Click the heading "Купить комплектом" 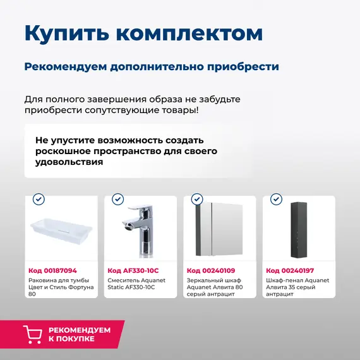tap(143, 33)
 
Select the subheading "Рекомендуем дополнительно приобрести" tap(152, 67)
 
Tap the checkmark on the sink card tap(39, 200)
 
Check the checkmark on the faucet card tap(118, 200)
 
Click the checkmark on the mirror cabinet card tap(197, 200)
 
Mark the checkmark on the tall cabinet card tap(276, 200)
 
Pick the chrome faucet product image tap(140, 231)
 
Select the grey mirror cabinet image tap(219, 231)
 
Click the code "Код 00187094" tap(52, 270)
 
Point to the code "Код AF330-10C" tap(133, 270)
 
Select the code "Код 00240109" tap(211, 270)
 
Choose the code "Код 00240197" tap(290, 270)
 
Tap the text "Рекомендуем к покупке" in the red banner tap(80, 334)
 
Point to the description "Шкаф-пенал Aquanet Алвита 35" tap(297, 284)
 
